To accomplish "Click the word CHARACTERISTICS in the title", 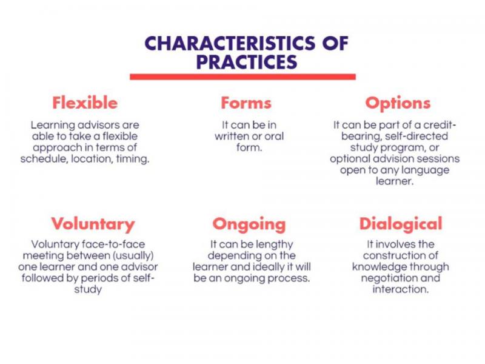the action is tap(230, 43).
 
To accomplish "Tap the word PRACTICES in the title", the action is tap(247, 62).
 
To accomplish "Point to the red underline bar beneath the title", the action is tap(243, 77).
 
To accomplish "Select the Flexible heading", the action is tap(85, 103).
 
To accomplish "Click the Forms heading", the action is tap(246, 103).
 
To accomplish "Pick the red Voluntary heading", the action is tap(93, 224).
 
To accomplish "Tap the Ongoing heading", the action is tap(249, 224).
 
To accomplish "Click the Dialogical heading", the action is tap(401, 224).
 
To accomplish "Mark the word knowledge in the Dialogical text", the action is tap(375, 267).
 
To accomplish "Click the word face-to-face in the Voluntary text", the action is tap(113, 244).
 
